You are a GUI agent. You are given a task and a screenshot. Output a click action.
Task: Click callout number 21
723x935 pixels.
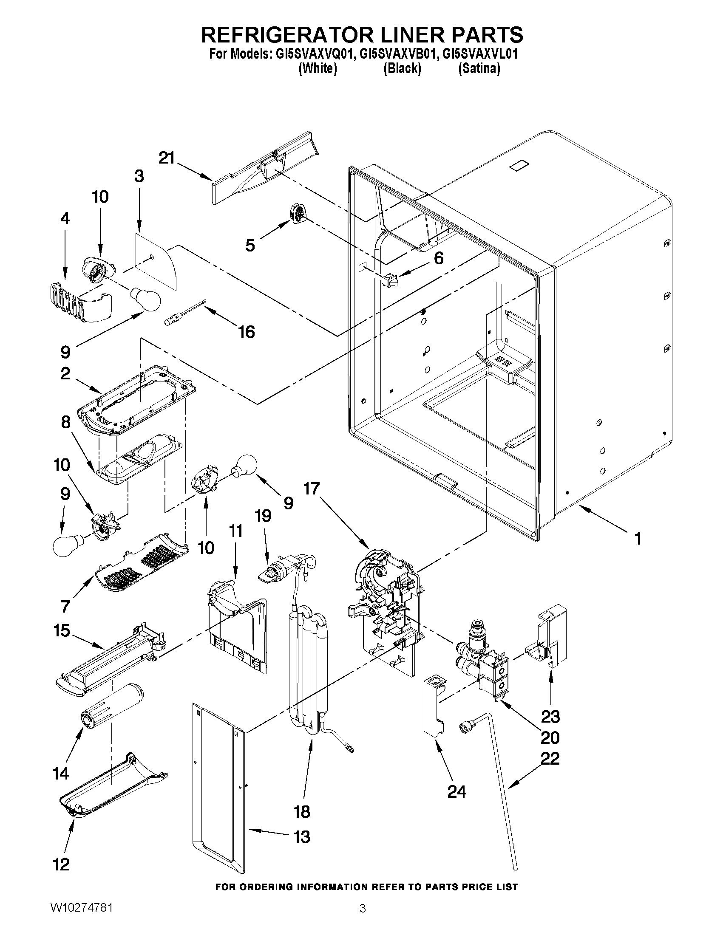(167, 158)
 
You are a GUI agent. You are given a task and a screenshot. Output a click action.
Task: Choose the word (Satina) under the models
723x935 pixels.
(479, 68)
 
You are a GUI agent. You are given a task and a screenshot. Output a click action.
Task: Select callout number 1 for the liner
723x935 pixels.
(638, 538)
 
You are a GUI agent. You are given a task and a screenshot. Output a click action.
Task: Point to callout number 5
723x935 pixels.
(250, 245)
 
